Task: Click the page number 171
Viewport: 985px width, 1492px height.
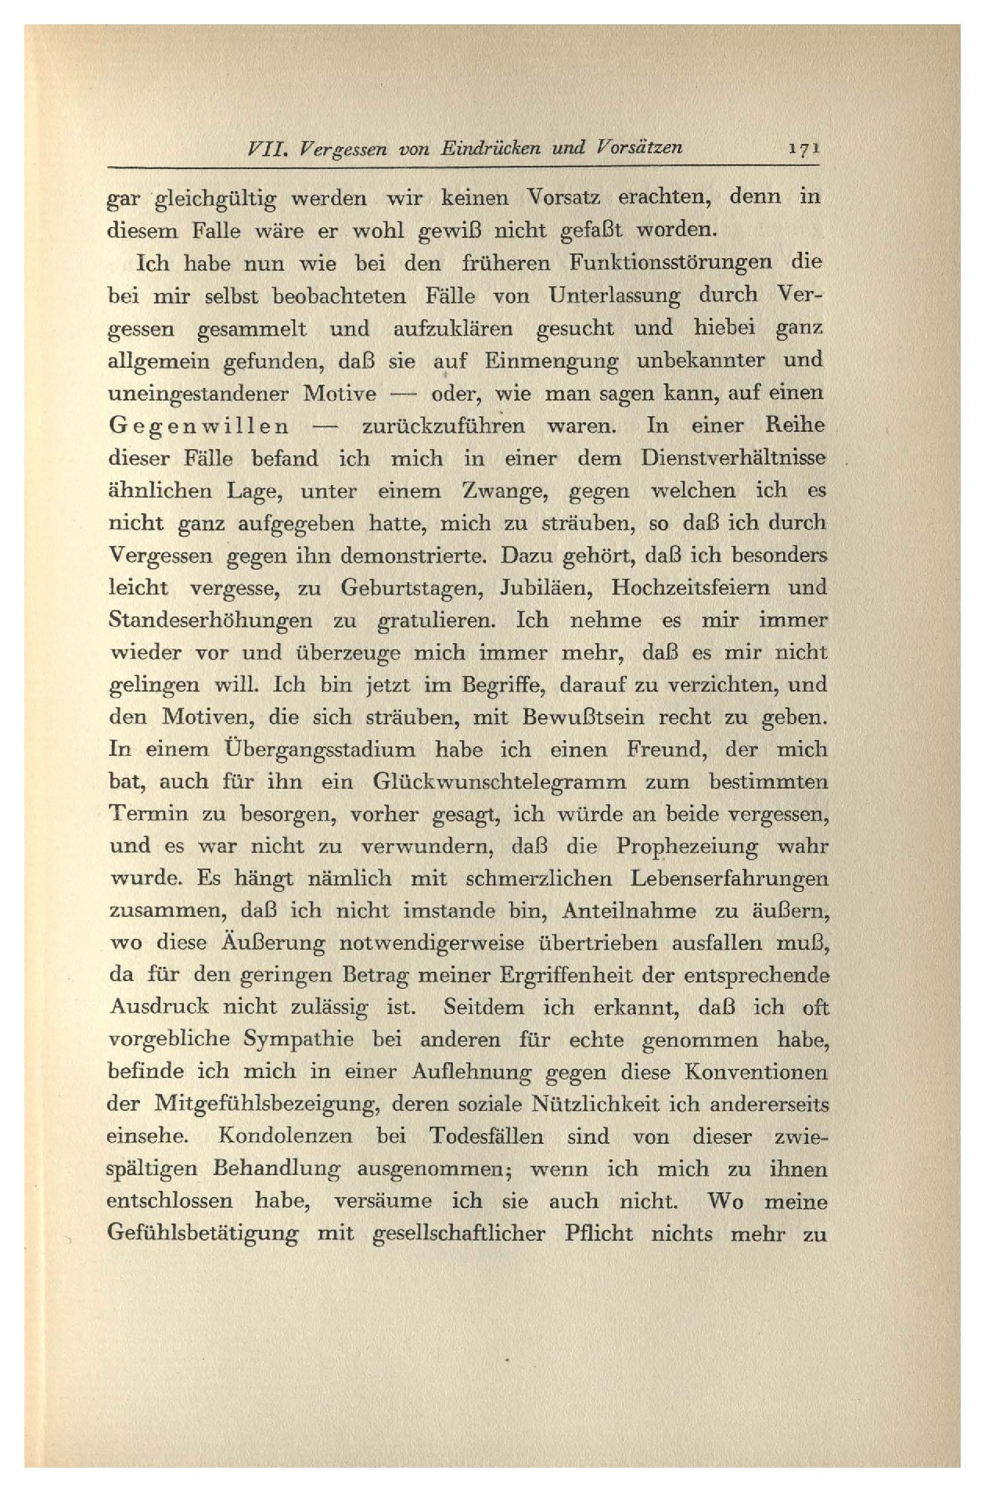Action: pyautogui.click(x=804, y=149)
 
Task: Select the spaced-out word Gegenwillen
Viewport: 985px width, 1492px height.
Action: pyautogui.click(x=198, y=426)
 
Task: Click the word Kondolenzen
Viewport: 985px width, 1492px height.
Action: pyautogui.click(x=285, y=1136)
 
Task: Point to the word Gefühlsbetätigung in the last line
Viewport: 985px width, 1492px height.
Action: pyautogui.click(x=203, y=1234)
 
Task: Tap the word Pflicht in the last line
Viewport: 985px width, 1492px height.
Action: pyautogui.click(x=599, y=1234)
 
